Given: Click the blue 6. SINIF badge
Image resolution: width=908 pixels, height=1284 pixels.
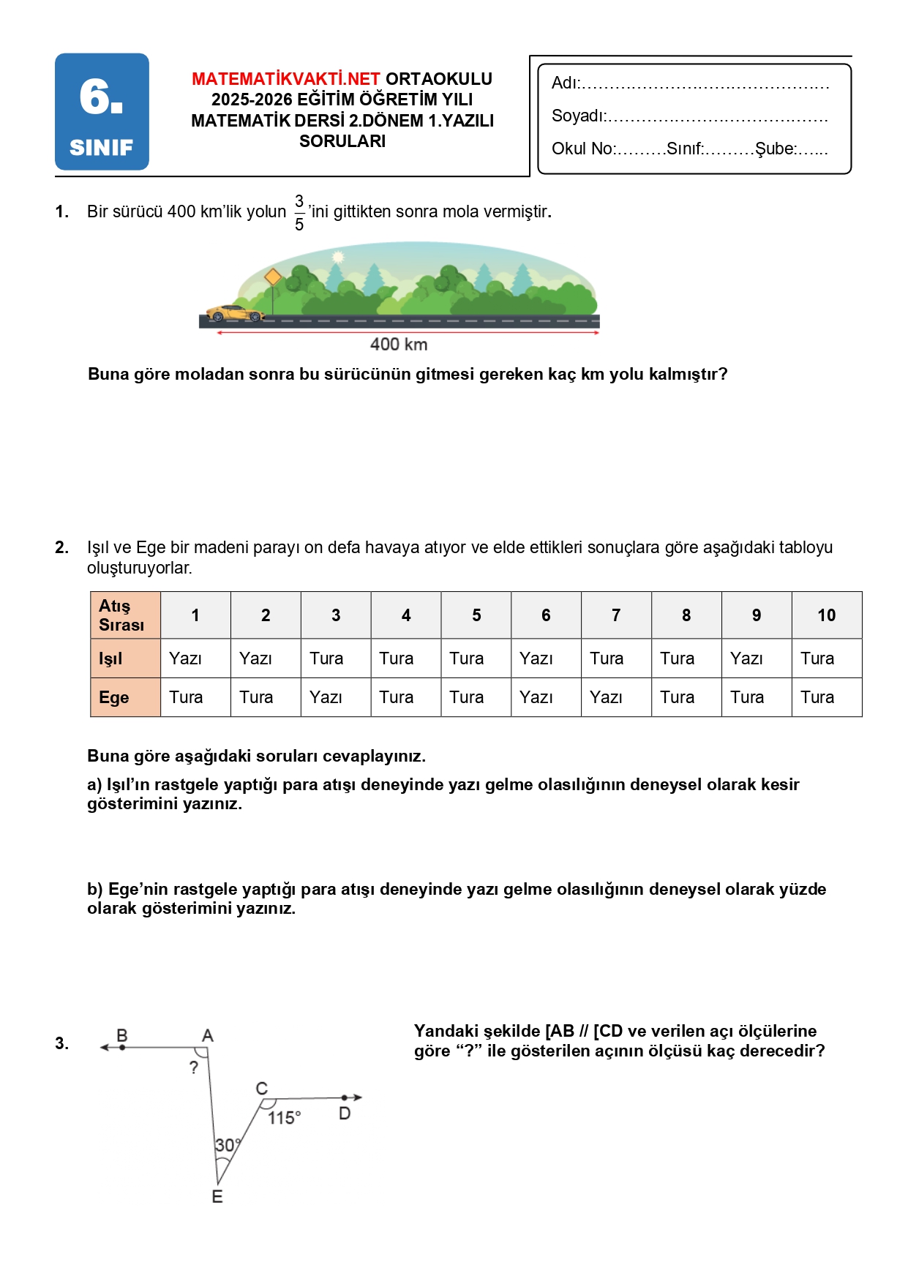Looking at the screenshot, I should [x=102, y=112].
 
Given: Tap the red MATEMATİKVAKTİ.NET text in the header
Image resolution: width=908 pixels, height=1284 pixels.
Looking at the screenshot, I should [x=285, y=79].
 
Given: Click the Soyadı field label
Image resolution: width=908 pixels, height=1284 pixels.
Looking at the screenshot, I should [x=578, y=116].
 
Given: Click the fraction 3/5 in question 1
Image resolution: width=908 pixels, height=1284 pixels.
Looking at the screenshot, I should [x=299, y=212].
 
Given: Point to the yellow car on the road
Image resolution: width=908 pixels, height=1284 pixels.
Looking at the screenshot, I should [x=234, y=313].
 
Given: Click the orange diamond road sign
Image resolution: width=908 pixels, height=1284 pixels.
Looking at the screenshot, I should [x=273, y=277].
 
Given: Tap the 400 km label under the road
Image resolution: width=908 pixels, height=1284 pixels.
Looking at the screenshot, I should [x=399, y=345].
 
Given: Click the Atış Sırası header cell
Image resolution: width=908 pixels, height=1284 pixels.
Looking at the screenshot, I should [x=122, y=615].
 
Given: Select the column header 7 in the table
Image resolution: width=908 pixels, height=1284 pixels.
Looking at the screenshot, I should [x=616, y=615].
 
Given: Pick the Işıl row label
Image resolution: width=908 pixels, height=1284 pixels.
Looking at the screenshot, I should [x=111, y=658].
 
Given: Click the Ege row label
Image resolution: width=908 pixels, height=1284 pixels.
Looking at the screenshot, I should [x=114, y=697].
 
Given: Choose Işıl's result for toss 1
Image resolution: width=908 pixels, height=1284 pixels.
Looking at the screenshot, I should [x=186, y=658].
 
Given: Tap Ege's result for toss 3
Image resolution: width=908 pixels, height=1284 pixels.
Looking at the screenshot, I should [x=326, y=697].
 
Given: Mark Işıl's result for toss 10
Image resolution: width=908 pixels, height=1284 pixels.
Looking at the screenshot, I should [x=817, y=658].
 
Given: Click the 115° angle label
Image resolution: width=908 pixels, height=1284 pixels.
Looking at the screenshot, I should [x=284, y=1118].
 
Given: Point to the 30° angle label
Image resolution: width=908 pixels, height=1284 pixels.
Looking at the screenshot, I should [x=227, y=1145].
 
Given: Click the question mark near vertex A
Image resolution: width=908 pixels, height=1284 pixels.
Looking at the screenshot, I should [x=194, y=1067].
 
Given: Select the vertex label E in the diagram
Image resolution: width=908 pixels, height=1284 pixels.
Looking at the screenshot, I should [x=217, y=1197].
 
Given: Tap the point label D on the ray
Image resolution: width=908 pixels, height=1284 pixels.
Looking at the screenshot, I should [x=345, y=1114].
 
